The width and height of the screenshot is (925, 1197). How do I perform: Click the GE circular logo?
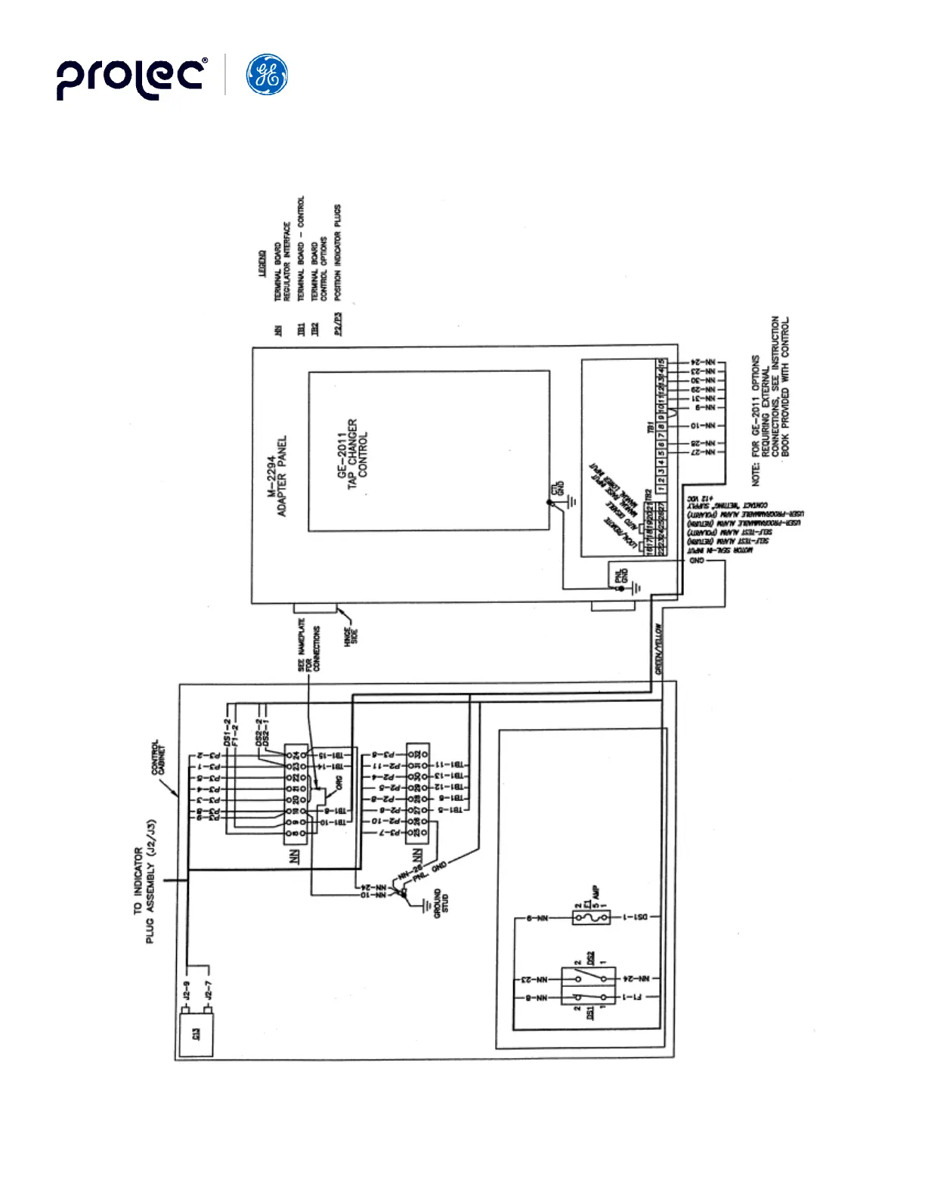tap(267, 75)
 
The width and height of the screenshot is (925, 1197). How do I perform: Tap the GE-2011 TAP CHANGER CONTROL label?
tap(352, 448)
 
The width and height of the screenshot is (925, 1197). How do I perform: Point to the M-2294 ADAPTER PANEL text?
tap(277, 476)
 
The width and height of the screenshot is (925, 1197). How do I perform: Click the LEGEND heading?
tap(261, 263)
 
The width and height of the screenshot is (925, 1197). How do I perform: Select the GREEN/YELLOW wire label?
tap(659, 648)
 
